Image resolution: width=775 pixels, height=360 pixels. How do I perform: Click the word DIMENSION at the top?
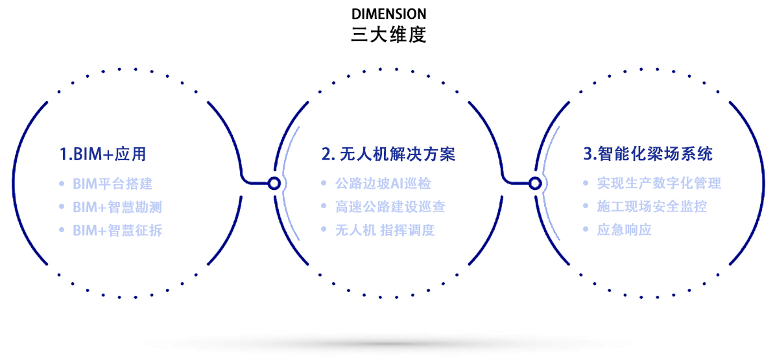(x=389, y=13)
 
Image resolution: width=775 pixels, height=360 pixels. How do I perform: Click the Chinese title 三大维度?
(x=388, y=34)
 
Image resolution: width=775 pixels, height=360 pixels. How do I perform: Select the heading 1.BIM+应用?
(x=103, y=154)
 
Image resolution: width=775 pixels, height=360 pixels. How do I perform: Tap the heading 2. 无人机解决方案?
(x=388, y=154)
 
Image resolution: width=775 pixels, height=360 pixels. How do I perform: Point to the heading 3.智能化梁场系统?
(x=648, y=154)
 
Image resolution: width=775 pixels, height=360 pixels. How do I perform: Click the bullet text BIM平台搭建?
(x=113, y=184)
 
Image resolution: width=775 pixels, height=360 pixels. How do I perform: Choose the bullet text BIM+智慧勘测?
(x=117, y=207)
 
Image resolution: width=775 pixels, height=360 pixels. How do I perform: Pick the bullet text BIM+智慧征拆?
(x=117, y=230)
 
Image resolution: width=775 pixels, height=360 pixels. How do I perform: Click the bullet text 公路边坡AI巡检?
(x=383, y=184)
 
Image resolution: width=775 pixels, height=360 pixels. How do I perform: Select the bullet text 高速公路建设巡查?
(x=390, y=207)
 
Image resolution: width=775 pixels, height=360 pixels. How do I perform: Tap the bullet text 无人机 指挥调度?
(x=385, y=230)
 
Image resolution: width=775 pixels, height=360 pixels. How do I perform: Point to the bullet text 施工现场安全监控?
(x=652, y=207)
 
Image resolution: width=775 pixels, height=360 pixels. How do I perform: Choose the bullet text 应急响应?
(x=625, y=230)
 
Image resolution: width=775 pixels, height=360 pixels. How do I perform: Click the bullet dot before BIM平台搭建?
(x=62, y=184)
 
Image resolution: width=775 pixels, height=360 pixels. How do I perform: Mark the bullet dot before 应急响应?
(x=586, y=230)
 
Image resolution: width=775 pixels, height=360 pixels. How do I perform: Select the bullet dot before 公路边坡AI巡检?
(x=324, y=184)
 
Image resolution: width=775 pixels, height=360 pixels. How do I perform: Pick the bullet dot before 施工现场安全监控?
(x=586, y=207)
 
